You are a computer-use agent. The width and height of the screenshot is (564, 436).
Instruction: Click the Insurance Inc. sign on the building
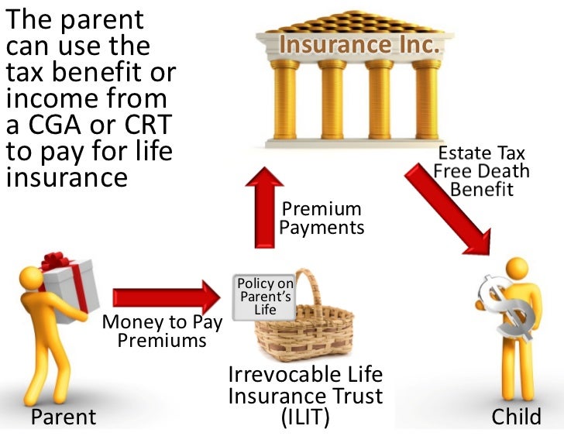point(359,45)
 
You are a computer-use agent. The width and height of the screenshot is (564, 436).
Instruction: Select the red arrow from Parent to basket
point(166,297)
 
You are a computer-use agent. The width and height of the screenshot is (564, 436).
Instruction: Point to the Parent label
point(64,417)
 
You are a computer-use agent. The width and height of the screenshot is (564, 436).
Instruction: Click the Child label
point(517,417)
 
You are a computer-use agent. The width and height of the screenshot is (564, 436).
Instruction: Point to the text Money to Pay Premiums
point(162,331)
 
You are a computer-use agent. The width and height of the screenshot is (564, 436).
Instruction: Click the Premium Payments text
point(321,218)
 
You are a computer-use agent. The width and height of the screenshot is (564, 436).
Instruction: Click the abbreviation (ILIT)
point(305,417)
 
